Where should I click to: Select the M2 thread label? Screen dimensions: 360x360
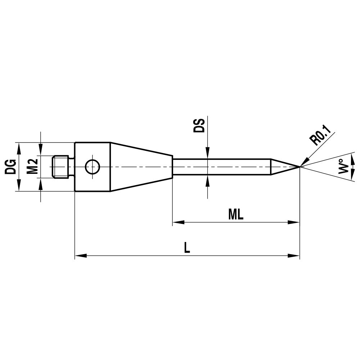click(x=33, y=166)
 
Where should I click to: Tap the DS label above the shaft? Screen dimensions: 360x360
click(x=199, y=125)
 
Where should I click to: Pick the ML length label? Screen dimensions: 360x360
click(x=236, y=215)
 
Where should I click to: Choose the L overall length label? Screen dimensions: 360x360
click(x=187, y=248)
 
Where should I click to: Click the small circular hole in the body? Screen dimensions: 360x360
click(x=92, y=166)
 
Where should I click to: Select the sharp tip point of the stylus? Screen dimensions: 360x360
click(x=299, y=166)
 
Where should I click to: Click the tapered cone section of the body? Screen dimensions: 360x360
click(x=140, y=166)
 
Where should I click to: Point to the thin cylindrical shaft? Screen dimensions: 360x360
click(x=221, y=166)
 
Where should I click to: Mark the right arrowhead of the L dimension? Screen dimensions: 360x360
click(x=294, y=256)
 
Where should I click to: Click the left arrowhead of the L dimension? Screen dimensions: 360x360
click(x=80, y=256)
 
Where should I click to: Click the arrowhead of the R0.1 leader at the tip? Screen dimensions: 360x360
click(x=304, y=162)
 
